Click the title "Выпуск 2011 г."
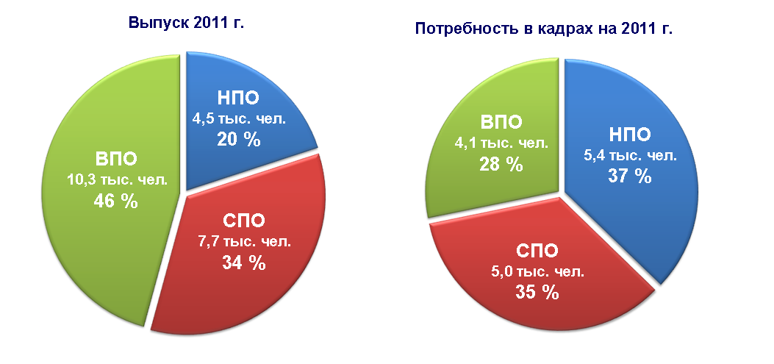tap(187, 23)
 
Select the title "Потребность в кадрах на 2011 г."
tap(545, 29)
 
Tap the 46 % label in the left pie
tap(116, 201)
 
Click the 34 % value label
tap(244, 263)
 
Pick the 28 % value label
tap(501, 164)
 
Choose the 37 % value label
tap(629, 176)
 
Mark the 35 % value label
tap(537, 293)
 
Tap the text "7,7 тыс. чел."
tap(245, 242)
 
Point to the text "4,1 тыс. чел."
tap(501, 143)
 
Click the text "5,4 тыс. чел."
tap(629, 156)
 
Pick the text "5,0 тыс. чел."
tap(537, 271)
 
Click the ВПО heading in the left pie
tap(116, 160)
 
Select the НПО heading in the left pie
tap(238, 98)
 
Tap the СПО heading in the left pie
tap(244, 221)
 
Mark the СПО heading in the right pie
tap(537, 251)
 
